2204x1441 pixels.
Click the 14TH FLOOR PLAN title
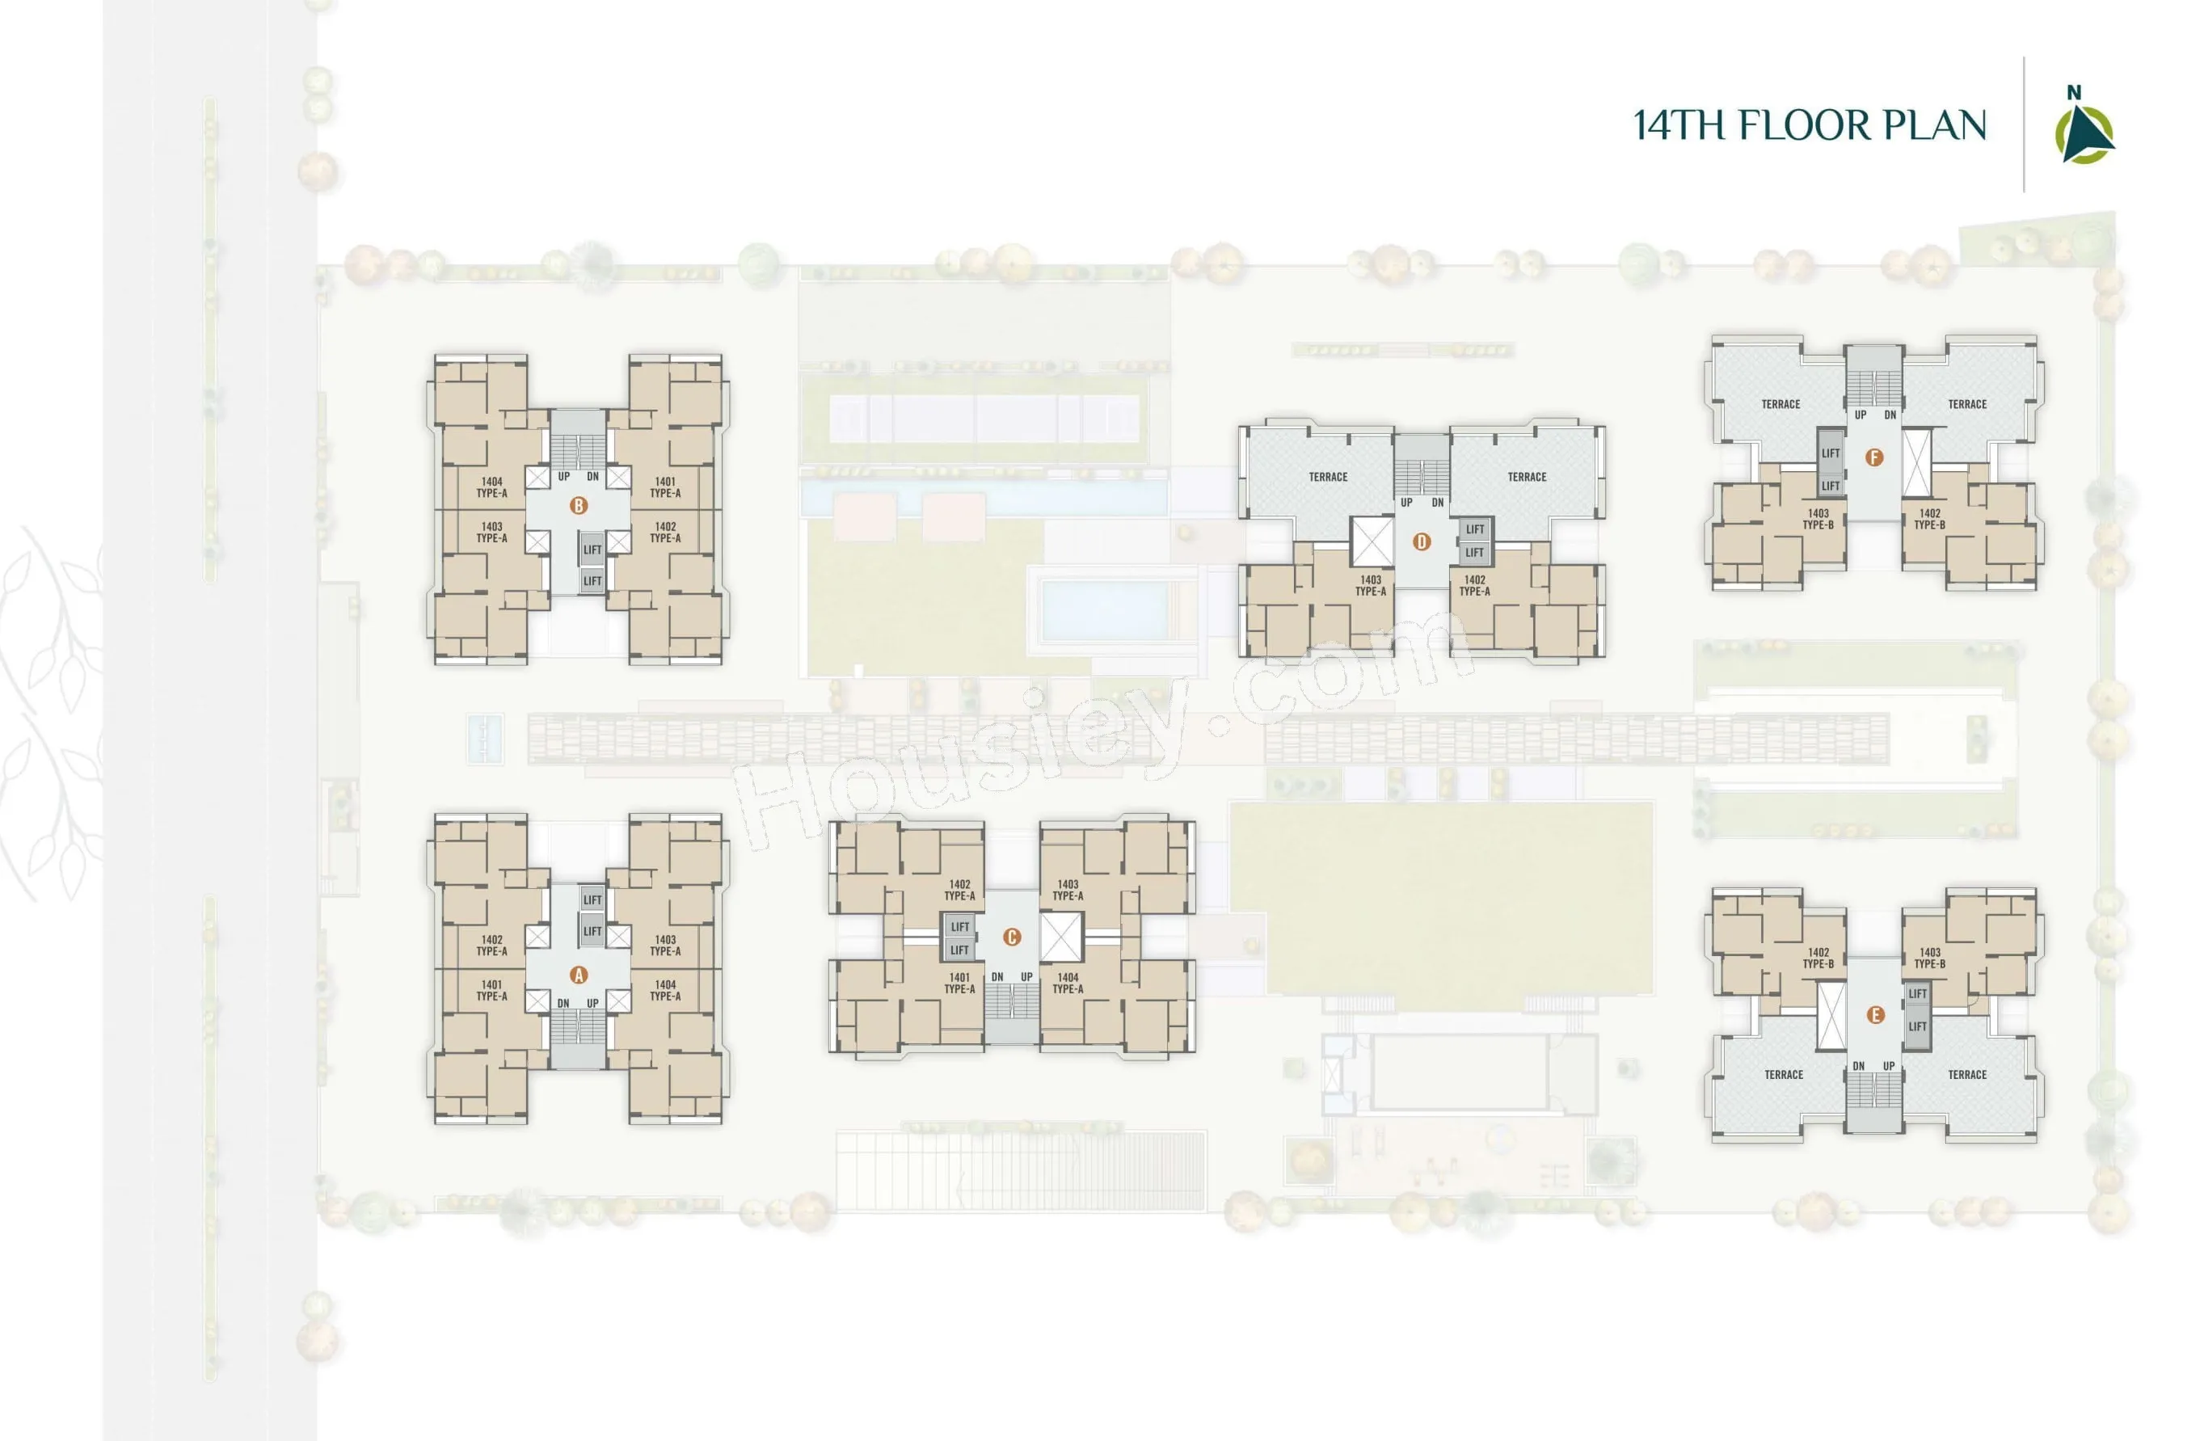pos(1810,125)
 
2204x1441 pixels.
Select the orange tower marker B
pos(579,506)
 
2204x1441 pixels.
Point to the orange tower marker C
pos(1012,937)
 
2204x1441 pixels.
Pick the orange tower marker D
pos(1422,541)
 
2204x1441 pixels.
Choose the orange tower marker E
pos(1875,1015)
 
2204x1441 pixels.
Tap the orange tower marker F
pos(1874,457)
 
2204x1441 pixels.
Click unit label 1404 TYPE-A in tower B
pos(491,487)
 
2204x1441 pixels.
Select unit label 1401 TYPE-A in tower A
pos(491,991)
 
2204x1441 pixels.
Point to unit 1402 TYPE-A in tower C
pos(959,890)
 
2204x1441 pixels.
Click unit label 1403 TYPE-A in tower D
pos(1371,585)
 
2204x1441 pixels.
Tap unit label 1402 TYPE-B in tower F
pos(1930,519)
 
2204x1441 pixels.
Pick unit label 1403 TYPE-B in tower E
pos(1930,958)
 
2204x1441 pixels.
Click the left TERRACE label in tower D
pos(1328,477)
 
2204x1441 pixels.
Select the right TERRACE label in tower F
pos(1967,404)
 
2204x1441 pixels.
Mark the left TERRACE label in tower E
pos(1784,1074)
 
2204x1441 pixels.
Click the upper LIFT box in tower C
pos(959,926)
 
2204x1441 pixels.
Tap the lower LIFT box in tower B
pos(592,580)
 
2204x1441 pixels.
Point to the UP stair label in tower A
pos(592,1003)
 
